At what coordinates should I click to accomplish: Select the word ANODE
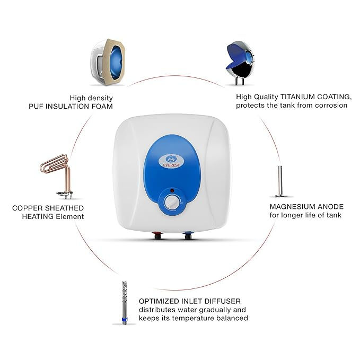[332, 206]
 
